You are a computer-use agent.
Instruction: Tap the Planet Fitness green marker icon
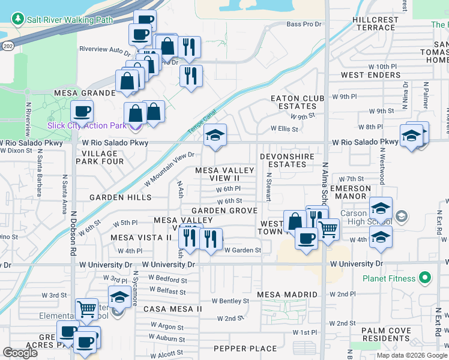(426, 278)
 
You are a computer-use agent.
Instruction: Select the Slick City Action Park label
(88, 125)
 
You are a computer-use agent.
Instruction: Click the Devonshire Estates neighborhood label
(287, 160)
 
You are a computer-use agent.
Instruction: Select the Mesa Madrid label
(287, 295)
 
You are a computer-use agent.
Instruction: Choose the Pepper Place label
(246, 349)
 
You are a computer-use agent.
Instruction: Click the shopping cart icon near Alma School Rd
(328, 229)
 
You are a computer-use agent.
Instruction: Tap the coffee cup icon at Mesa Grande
(82, 111)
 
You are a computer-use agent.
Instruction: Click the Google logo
(20, 353)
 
